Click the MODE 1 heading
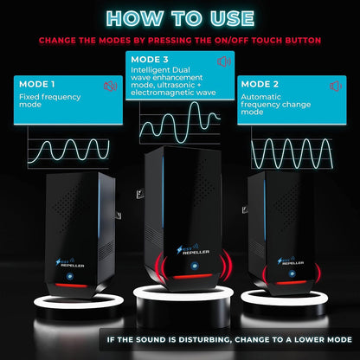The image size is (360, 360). click(37, 84)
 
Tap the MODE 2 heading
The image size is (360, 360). click(260, 84)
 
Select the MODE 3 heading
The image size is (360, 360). click(150, 60)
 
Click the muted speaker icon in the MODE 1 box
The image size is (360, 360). click(110, 86)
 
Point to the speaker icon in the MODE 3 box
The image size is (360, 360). click(224, 61)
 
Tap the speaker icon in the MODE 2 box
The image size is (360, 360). click(336, 86)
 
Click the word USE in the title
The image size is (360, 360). click(232, 18)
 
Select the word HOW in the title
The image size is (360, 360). click(134, 18)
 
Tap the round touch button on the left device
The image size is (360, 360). click(70, 276)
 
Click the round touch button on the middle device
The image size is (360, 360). click(194, 266)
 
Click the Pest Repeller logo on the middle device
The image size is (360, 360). click(193, 249)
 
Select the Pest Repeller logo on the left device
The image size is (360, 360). click(70, 262)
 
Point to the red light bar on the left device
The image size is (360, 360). click(71, 286)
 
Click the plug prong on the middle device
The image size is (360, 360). click(140, 193)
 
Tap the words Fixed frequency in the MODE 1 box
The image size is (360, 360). click(50, 97)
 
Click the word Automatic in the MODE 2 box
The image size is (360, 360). click(260, 97)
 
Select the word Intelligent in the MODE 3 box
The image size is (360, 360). click(150, 70)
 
